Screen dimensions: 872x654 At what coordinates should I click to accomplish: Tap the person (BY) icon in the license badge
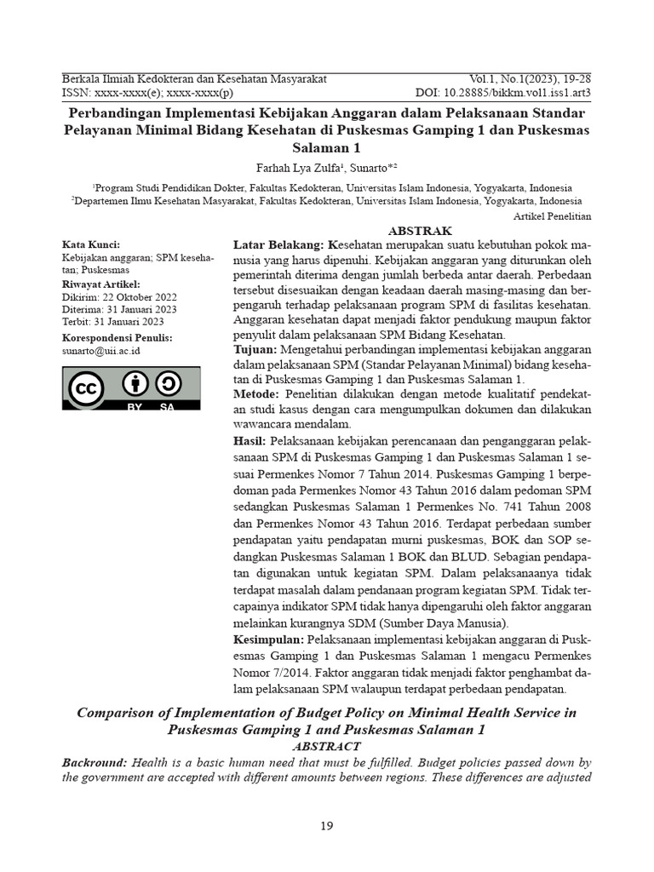tap(133, 384)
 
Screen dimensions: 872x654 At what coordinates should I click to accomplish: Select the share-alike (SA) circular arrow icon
tap(168, 384)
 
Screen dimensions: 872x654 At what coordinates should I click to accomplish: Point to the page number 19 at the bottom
tap(327, 825)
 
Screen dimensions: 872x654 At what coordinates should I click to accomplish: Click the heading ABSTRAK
tap(420, 231)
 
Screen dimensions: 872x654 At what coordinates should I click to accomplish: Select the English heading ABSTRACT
tap(326, 746)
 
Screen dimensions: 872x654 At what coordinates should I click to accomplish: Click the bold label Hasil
tap(250, 440)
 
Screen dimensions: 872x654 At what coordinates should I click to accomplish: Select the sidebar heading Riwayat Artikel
tap(101, 284)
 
